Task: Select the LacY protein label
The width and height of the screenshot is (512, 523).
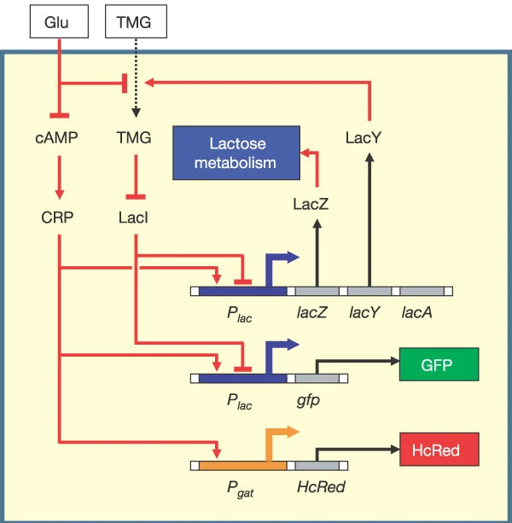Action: click(x=369, y=135)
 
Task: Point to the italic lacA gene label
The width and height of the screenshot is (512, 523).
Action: click(x=417, y=313)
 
